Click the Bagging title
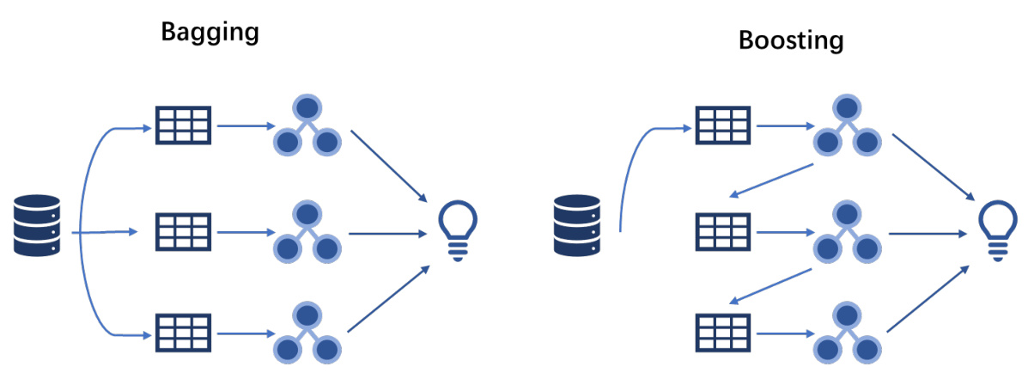[x=210, y=34]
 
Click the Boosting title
[x=791, y=40]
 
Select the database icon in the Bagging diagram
[x=38, y=225]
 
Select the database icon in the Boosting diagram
[x=576, y=225]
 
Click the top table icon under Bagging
[x=183, y=125]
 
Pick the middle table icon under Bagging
[x=183, y=232]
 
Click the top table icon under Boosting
[x=722, y=125]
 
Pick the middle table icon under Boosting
[x=722, y=232]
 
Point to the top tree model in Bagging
[x=307, y=125]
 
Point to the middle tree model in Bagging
[x=307, y=232]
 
